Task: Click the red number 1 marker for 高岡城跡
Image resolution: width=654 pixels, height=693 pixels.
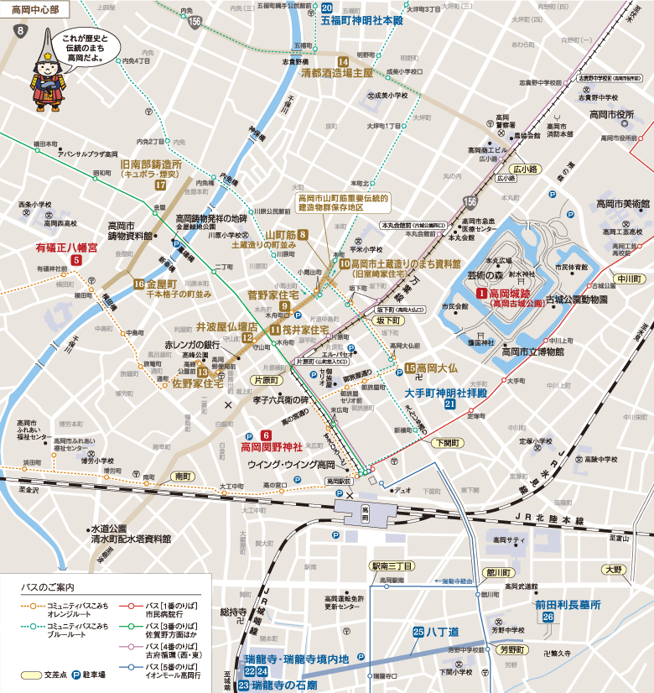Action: [481, 294]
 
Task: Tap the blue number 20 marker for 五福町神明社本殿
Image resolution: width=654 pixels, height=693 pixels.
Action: [328, 8]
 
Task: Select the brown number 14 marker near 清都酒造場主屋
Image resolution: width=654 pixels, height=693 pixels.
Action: [343, 61]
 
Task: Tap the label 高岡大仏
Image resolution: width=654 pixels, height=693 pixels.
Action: [436, 367]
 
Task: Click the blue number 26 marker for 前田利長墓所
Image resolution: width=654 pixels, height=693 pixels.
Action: [548, 617]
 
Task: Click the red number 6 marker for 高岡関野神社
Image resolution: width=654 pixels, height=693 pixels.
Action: [265, 435]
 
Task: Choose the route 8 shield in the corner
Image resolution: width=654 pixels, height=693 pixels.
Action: [19, 32]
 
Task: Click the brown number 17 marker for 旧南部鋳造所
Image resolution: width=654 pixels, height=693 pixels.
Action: [161, 185]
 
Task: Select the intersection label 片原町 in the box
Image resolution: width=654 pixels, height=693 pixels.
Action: [266, 380]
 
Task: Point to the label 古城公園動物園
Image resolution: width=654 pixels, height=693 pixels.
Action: [577, 300]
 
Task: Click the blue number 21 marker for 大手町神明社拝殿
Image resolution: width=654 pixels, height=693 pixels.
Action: [450, 404]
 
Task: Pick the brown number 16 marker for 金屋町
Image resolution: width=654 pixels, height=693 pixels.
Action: [138, 284]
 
